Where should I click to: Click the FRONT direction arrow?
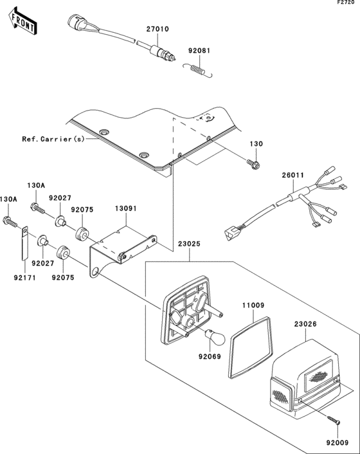22,22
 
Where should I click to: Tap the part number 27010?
157,29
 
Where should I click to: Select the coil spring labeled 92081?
198,69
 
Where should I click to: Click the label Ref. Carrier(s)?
53,140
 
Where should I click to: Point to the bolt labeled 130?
254,164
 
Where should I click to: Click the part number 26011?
293,176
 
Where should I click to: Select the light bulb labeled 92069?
215,337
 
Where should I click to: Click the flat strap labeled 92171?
24,242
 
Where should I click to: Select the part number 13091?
125,209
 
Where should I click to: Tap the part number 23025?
189,244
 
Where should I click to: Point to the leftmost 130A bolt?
10,222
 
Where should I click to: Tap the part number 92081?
199,51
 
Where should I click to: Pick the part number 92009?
337,442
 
